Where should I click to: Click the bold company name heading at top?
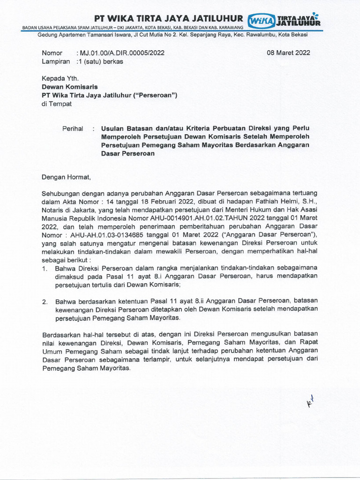point(169,19)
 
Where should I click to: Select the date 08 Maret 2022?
point(288,53)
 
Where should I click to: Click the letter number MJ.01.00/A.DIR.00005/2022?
point(121,53)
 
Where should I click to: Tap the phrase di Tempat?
point(57,104)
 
